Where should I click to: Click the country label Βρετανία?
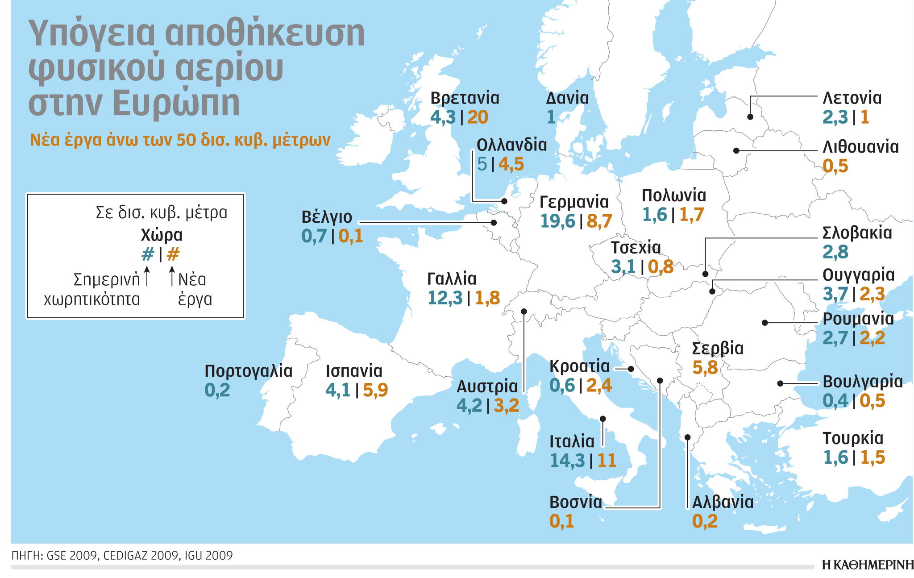[465, 98]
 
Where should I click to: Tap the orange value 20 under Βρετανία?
[478, 117]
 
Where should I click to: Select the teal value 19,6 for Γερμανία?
[558, 221]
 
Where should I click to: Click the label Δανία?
[567, 98]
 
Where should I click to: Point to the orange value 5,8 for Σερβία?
[705, 368]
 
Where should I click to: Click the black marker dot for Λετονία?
[750, 117]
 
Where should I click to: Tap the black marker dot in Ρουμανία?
[764, 322]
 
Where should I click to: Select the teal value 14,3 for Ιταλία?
[567, 461]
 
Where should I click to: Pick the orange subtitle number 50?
[186, 140]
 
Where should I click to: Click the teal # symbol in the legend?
[148, 255]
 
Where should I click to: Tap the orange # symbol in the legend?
[173, 255]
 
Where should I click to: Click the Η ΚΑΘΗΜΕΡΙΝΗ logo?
[868, 565]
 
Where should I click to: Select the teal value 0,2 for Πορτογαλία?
[217, 391]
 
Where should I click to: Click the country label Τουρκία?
[852, 438]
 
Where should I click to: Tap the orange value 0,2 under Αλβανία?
[705, 521]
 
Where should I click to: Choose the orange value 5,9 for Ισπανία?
[375, 391]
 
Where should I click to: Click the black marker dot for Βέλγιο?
[494, 222]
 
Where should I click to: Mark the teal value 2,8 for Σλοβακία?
[835, 252]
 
